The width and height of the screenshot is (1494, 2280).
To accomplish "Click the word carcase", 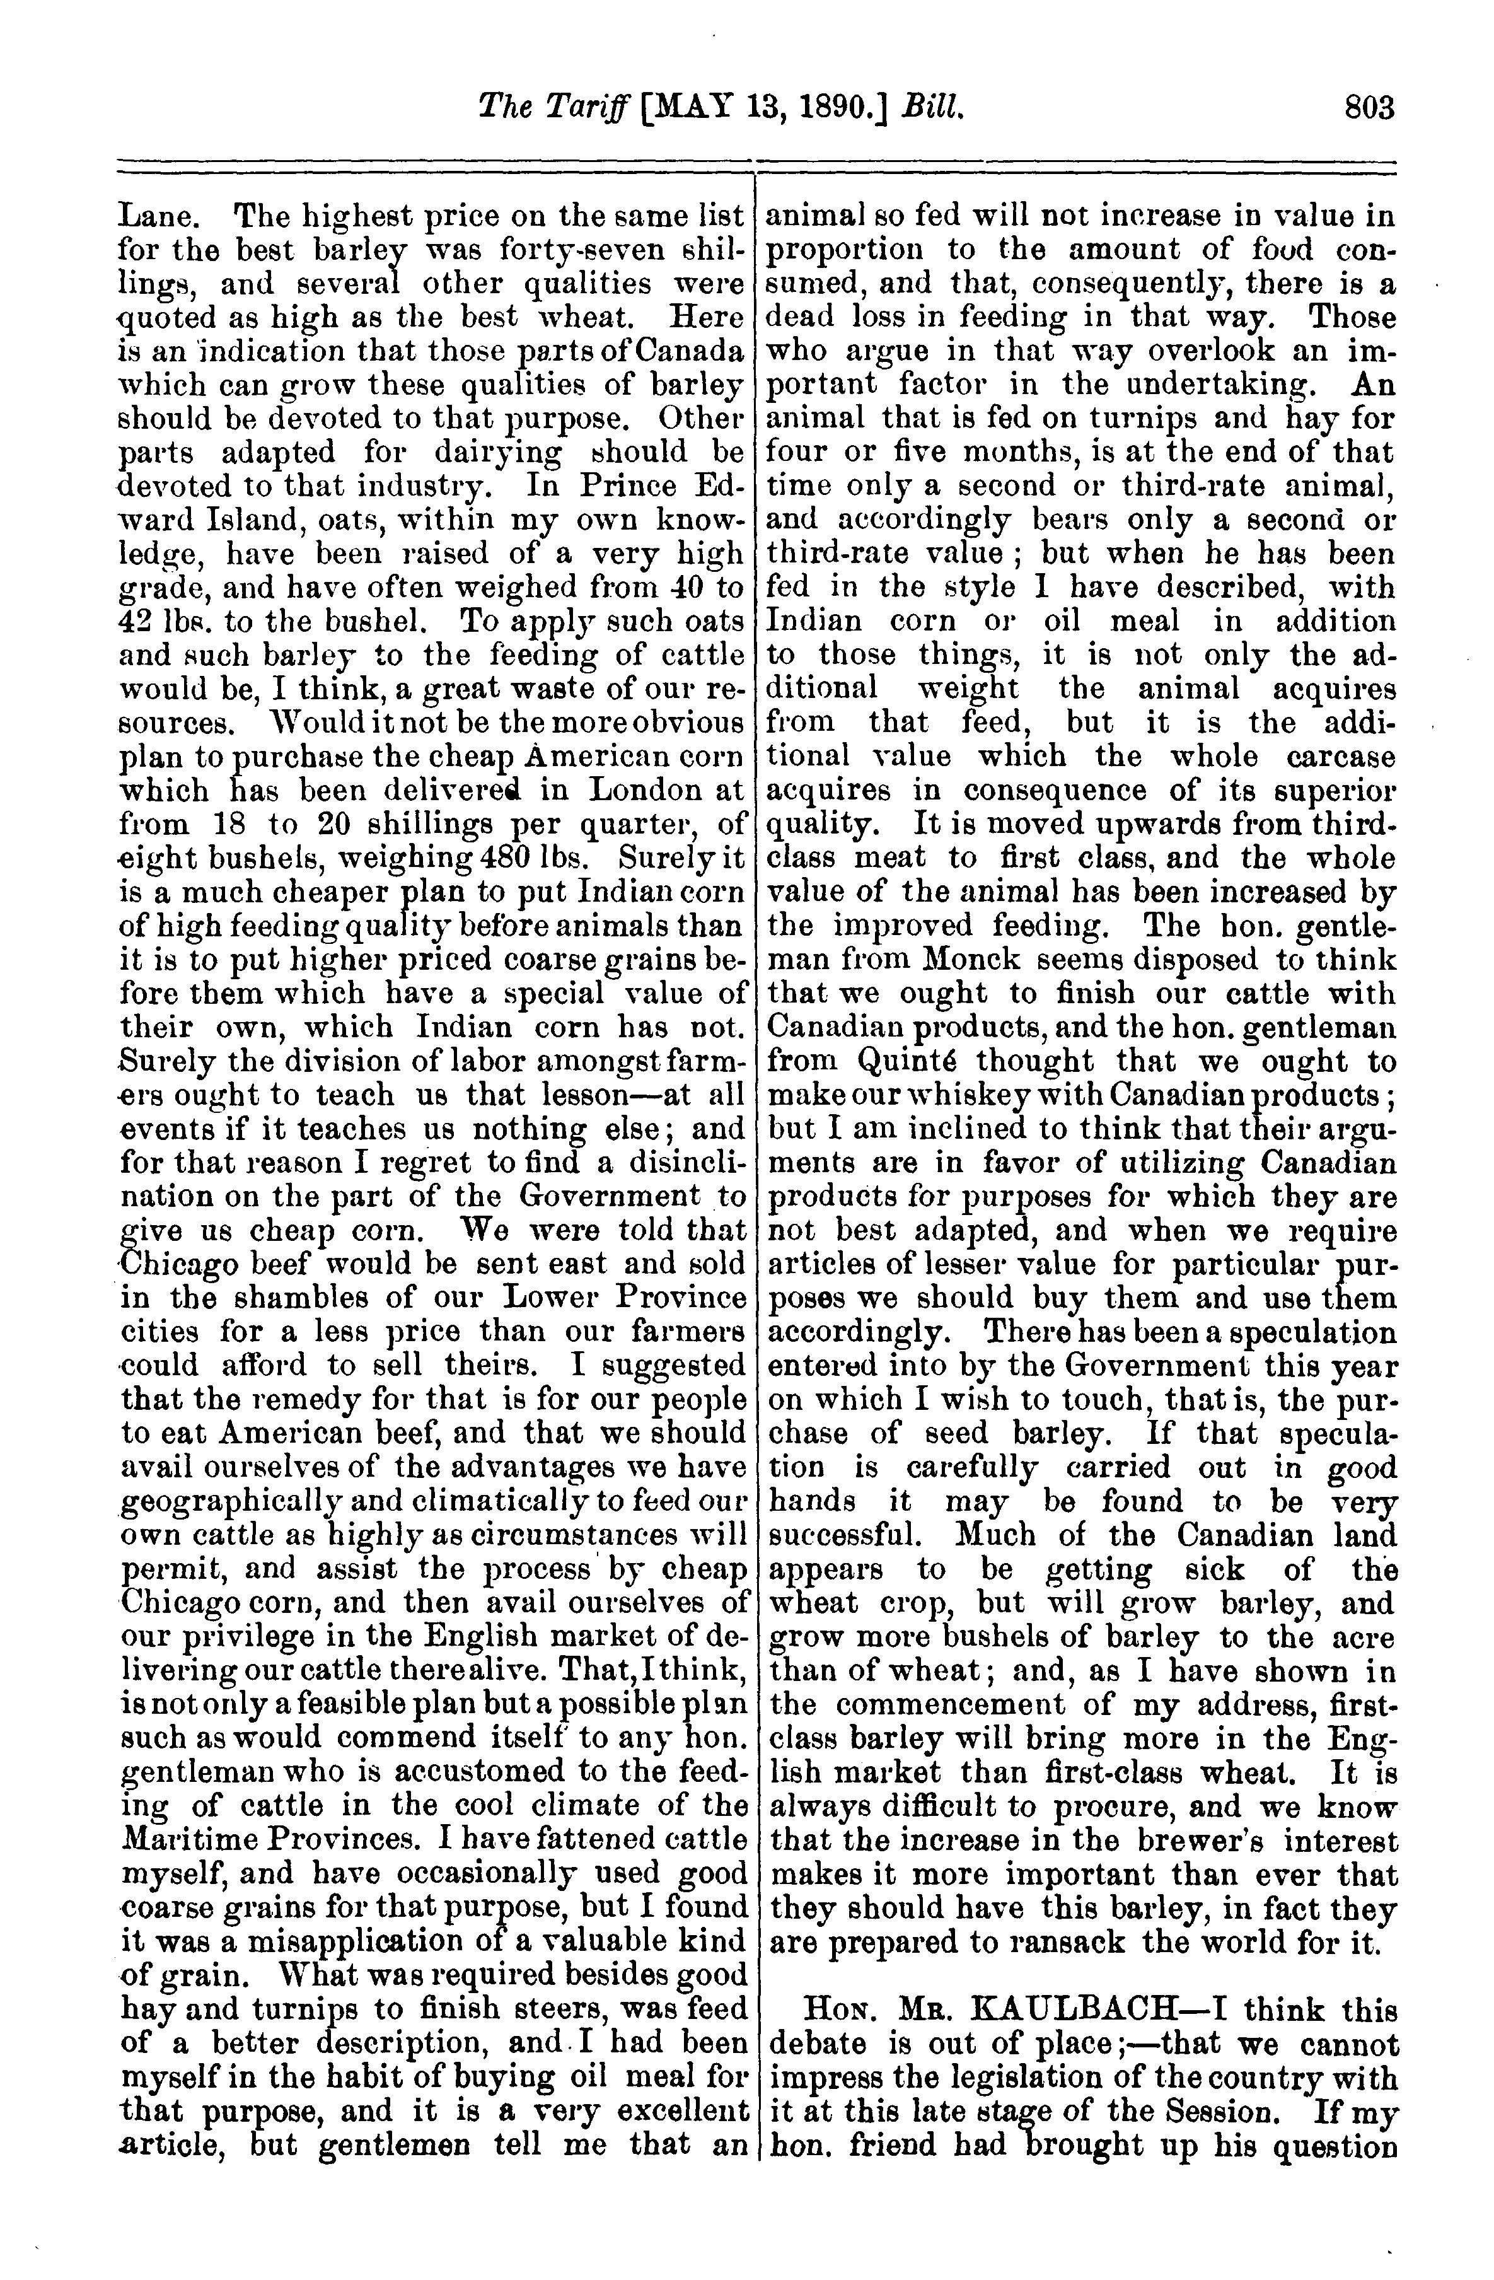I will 1341,757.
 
